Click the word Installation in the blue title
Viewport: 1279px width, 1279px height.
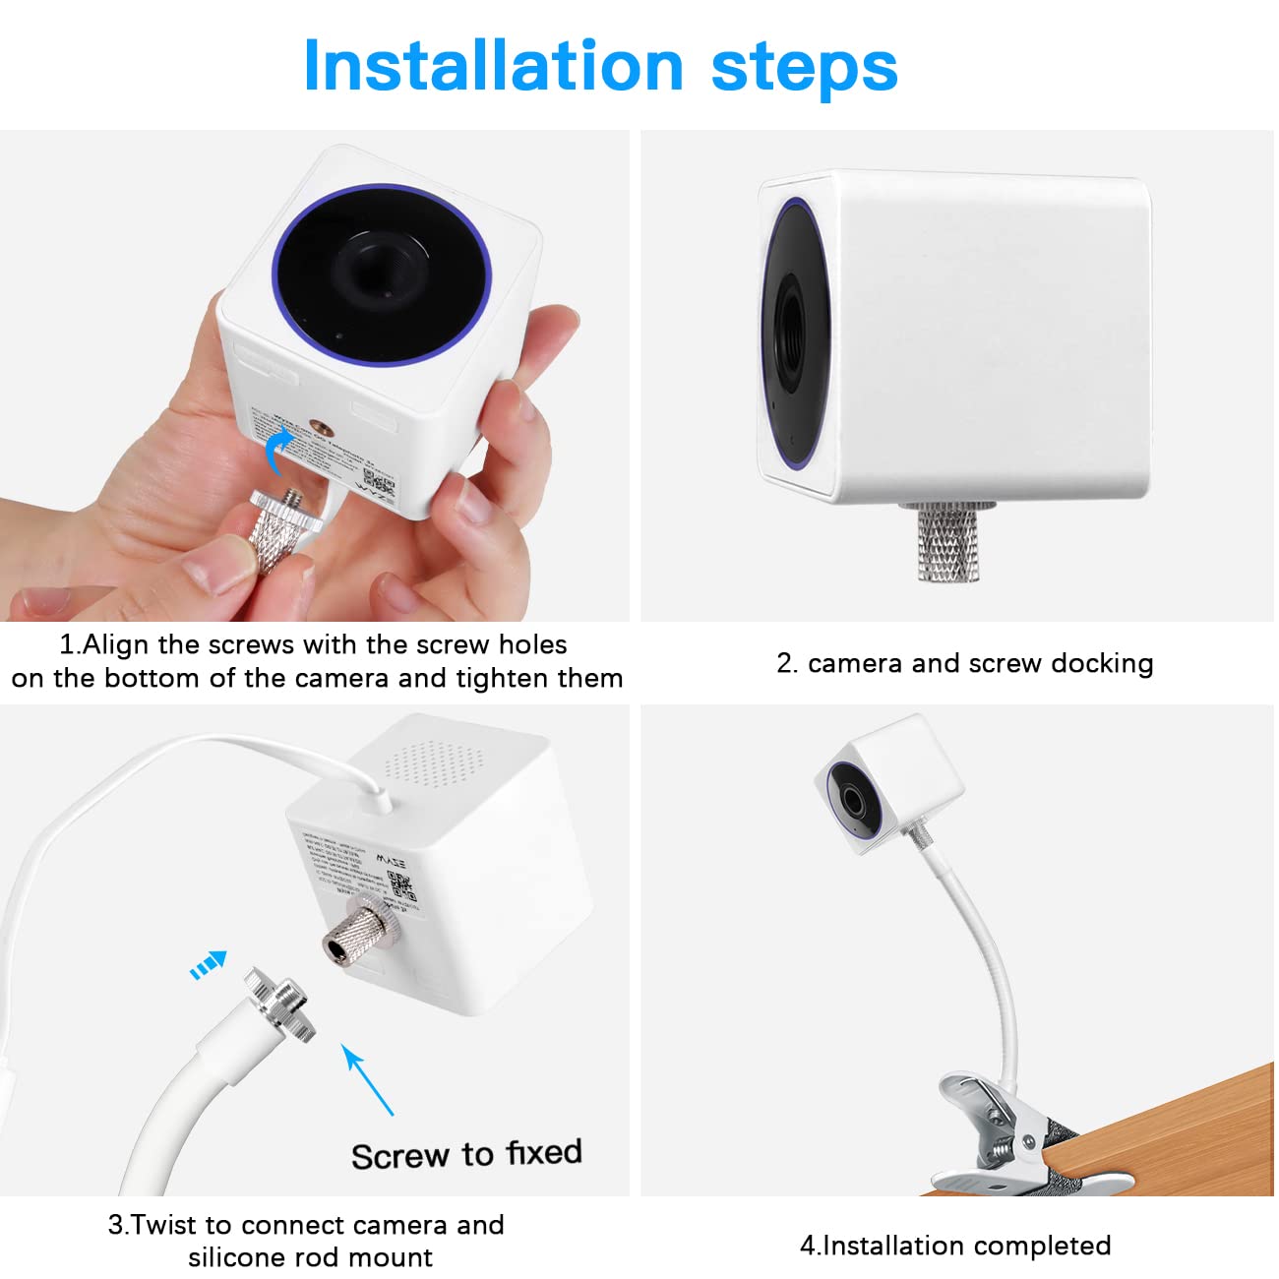[x=493, y=66]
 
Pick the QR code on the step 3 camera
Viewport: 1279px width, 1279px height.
[x=399, y=882]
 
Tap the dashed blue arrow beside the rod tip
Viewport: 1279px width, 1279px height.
[x=209, y=964]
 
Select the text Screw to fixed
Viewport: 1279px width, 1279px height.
[x=466, y=1154]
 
